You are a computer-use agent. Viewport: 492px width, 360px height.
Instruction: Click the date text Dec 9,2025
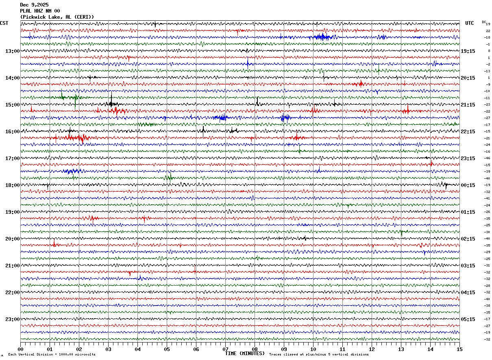(x=34, y=5)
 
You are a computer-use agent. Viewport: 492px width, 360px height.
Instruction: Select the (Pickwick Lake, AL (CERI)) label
(x=57, y=17)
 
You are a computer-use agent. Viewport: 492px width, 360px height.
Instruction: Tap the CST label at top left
(x=4, y=23)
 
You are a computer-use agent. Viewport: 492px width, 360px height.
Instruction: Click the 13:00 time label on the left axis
(x=12, y=51)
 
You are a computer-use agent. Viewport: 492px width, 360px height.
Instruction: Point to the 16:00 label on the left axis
(x=12, y=132)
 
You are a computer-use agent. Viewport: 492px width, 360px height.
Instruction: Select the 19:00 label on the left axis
(x=12, y=212)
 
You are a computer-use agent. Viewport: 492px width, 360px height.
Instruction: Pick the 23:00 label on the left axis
(x=12, y=319)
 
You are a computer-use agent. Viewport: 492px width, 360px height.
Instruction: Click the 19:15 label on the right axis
(x=468, y=51)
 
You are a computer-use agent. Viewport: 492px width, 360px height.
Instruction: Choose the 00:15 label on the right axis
(x=468, y=185)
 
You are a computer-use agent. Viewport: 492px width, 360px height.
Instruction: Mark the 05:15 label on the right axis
(x=468, y=319)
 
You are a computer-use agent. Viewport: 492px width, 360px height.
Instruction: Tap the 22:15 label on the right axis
(x=468, y=132)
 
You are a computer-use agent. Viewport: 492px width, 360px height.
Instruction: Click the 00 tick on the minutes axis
(x=21, y=349)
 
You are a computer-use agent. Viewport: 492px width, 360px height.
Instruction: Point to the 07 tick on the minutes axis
(x=225, y=349)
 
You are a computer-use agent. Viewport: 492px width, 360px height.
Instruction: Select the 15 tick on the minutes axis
(x=459, y=349)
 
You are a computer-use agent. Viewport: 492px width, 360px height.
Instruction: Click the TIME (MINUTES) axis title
(x=245, y=353)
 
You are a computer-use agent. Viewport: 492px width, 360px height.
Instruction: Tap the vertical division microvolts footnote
(x=52, y=355)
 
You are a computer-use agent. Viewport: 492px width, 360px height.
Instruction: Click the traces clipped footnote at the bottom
(x=319, y=355)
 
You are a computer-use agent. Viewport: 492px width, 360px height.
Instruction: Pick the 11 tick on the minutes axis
(x=342, y=349)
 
